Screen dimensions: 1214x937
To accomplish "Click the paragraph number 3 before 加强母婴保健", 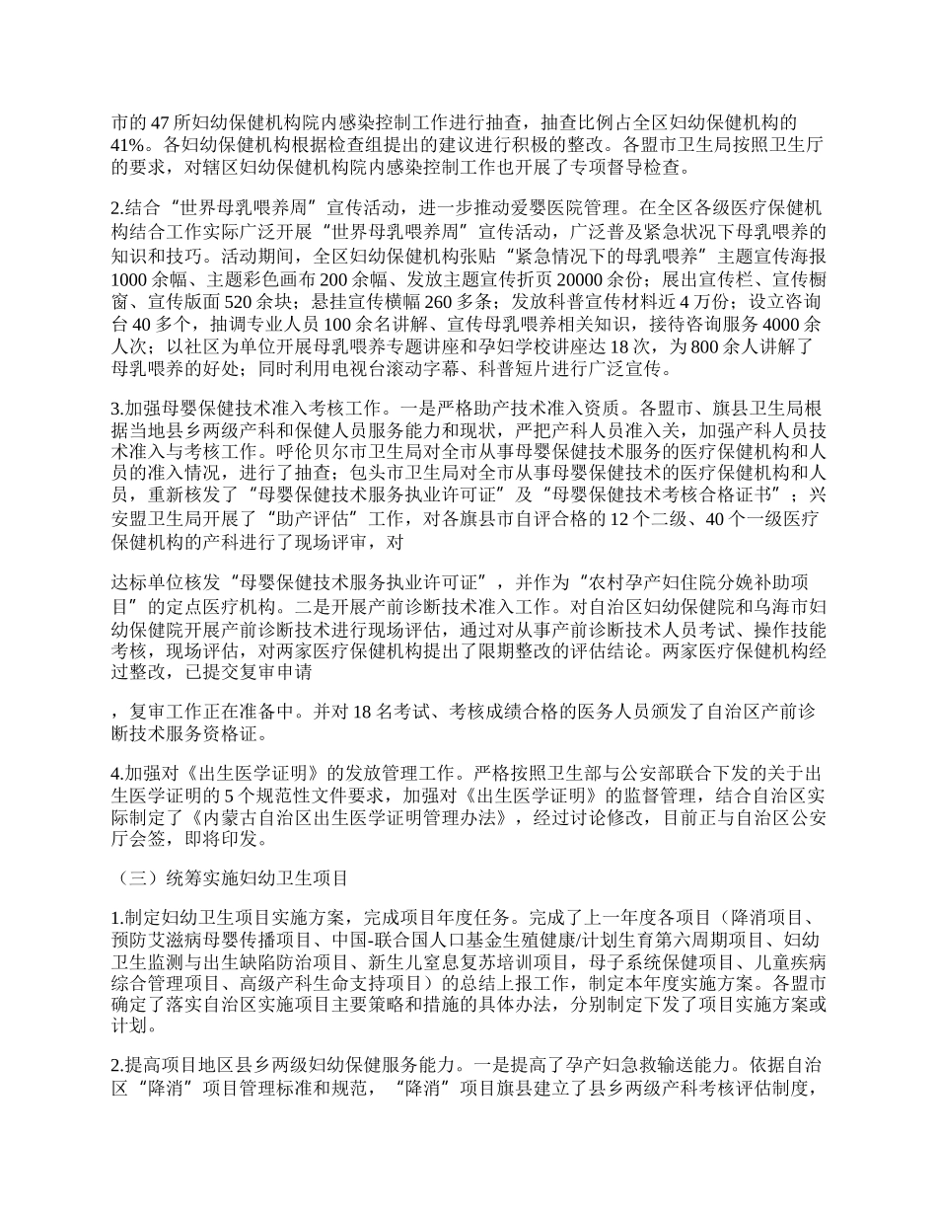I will click(x=116, y=405).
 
